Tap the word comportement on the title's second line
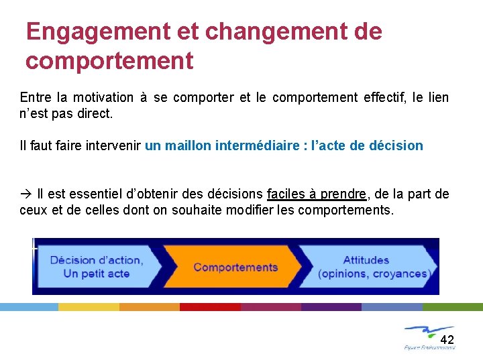click(109, 61)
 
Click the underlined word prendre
click(343, 194)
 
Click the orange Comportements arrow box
click(235, 267)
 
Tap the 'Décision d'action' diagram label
click(96, 260)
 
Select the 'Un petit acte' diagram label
click(96, 274)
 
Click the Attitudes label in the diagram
click(366, 260)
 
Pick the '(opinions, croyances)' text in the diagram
click(372, 274)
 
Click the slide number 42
click(447, 339)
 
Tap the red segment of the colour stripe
click(210, 306)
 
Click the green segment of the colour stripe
click(452, 306)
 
